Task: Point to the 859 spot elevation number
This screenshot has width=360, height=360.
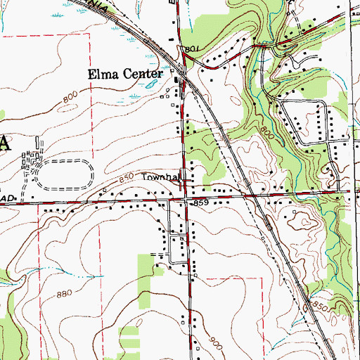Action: click(201, 203)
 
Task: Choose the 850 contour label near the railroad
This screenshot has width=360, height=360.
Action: click(321, 307)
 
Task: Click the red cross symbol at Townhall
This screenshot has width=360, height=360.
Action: click(185, 185)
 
